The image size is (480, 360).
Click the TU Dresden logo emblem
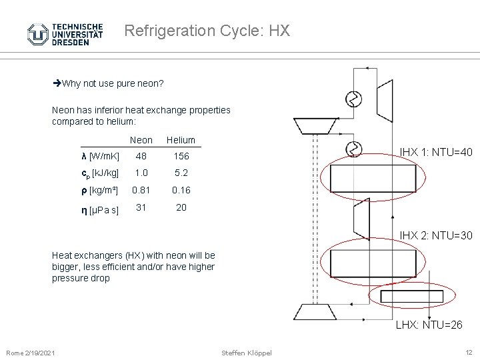click(37, 34)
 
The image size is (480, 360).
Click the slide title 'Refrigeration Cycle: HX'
click(207, 31)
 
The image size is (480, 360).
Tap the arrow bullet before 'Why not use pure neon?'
click(57, 84)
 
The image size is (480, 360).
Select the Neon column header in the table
click(141, 140)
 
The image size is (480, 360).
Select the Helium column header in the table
click(181, 140)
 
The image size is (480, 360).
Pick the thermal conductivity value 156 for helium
click(181, 156)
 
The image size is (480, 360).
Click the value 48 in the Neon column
click(141, 156)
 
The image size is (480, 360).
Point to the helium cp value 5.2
click(181, 173)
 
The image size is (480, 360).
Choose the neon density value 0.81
click(141, 190)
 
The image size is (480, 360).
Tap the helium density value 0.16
click(181, 190)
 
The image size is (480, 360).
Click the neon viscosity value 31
click(141, 207)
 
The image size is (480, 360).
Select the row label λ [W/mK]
click(100, 157)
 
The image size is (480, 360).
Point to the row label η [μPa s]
click(100, 211)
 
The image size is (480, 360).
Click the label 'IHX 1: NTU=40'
click(435, 153)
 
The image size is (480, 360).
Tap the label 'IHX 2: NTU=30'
click(435, 235)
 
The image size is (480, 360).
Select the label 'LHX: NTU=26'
click(429, 325)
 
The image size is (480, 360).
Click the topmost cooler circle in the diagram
click(353, 100)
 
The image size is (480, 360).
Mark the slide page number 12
click(468, 352)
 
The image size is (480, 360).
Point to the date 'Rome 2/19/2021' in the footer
click(31, 352)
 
